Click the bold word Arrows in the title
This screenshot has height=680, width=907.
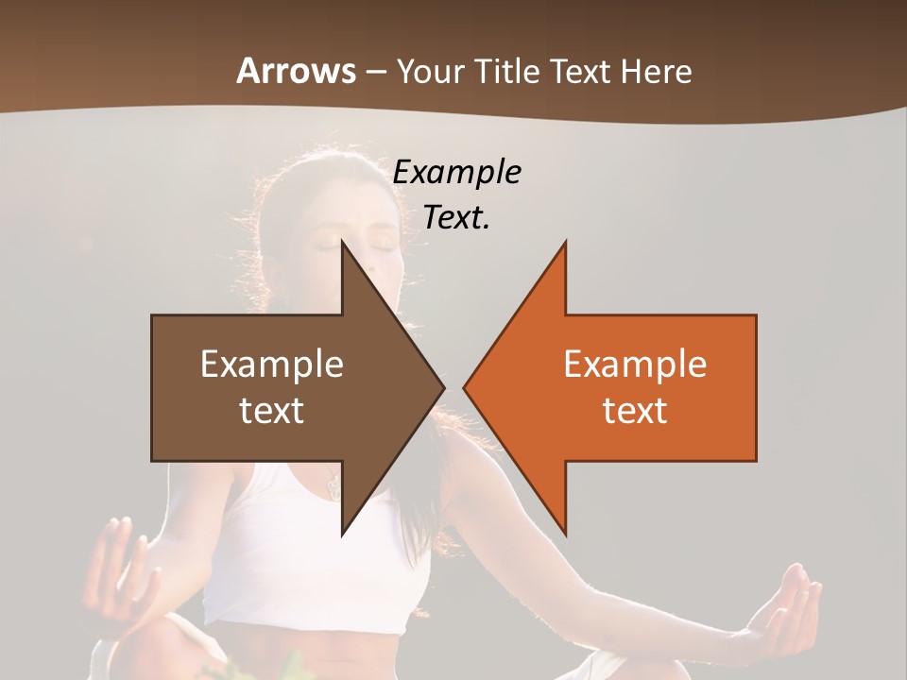pyautogui.click(x=296, y=71)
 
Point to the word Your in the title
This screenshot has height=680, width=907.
pyautogui.click(x=431, y=71)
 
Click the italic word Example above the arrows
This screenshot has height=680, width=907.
pyautogui.click(x=456, y=172)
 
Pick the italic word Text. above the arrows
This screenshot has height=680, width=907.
pyautogui.click(x=456, y=217)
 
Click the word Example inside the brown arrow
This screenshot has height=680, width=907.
pyautogui.click(x=271, y=364)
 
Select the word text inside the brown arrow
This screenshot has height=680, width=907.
pyautogui.click(x=271, y=410)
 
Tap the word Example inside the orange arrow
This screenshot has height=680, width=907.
pyautogui.click(x=635, y=364)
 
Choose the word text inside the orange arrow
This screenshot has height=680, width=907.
pyautogui.click(x=635, y=410)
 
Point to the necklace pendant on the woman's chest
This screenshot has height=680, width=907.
pyautogui.click(x=333, y=487)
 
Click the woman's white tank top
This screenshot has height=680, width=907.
pyautogui.click(x=283, y=548)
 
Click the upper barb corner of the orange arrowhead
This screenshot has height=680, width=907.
pyautogui.click(x=565, y=243)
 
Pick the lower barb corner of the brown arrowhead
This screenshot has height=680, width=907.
pyautogui.click(x=342, y=534)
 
